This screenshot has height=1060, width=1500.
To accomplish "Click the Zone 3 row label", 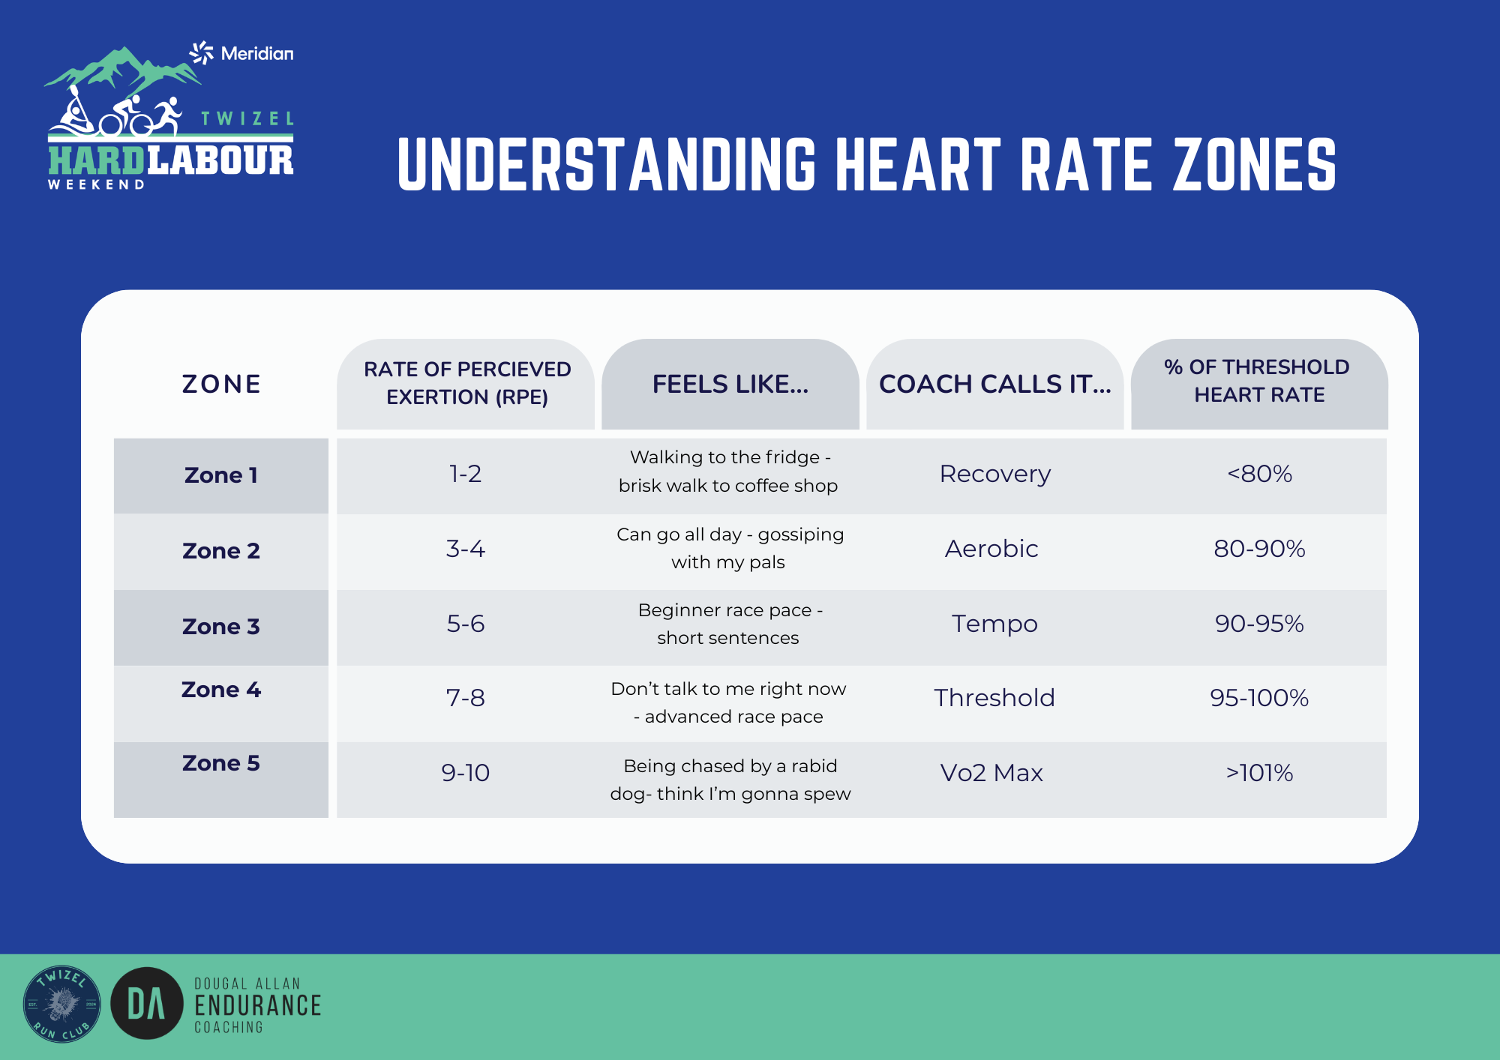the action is pos(221,626).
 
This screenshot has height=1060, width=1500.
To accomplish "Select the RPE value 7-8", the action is pos(465,698).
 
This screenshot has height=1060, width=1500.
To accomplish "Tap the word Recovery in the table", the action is pos(995,474).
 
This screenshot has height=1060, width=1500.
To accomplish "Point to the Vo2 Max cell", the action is pos(991,773).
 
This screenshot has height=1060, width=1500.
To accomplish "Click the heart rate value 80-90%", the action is pos(1259,549).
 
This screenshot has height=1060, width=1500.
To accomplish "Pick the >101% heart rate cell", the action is pos(1259,773).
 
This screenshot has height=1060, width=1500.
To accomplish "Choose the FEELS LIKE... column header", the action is pos(730,384).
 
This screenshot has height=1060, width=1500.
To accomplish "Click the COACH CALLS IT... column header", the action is pos(994,384).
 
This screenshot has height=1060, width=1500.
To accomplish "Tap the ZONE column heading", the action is pos(221,384).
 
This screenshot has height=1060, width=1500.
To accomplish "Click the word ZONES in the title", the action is pos(1255,164).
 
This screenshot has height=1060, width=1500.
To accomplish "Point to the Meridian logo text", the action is pos(257,53).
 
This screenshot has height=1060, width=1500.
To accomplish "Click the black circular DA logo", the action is pos(147,1003).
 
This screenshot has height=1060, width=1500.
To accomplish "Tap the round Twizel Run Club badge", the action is pos(61,1003).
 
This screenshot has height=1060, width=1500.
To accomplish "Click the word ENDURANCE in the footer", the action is pos(257,1005).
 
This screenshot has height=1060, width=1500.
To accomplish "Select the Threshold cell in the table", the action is pos(994,698).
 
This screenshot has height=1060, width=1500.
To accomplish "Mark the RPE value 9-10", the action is pos(465,773).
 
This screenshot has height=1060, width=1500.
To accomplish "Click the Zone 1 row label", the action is pos(221,475).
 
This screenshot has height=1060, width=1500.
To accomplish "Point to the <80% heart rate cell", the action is pos(1259,474).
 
